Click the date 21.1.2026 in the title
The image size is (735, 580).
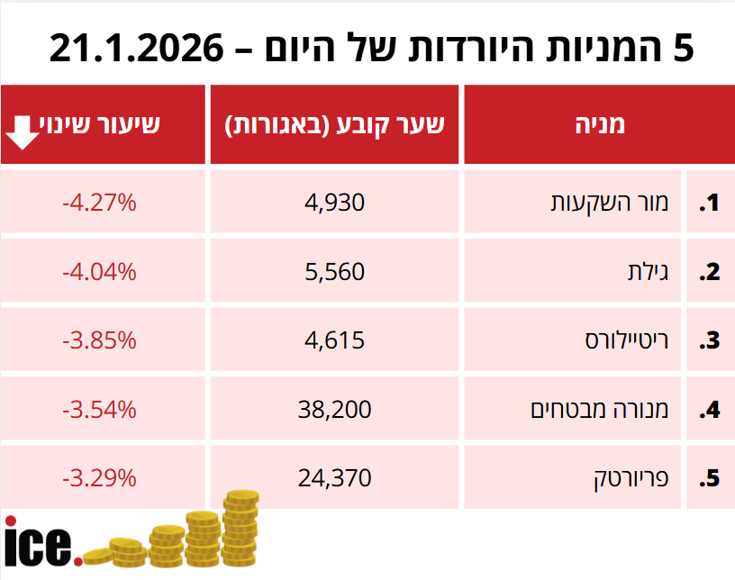(x=135, y=48)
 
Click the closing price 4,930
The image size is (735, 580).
(x=335, y=203)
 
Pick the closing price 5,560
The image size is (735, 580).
(x=335, y=271)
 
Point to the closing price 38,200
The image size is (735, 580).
(x=335, y=410)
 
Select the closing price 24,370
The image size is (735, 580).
(x=335, y=478)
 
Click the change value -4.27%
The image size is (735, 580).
(x=99, y=203)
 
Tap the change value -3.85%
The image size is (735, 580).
(x=99, y=340)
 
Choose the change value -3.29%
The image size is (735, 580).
(x=99, y=478)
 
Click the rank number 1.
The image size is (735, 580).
(x=711, y=203)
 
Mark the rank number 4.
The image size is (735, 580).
(x=711, y=410)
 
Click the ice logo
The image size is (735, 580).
(x=41, y=542)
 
